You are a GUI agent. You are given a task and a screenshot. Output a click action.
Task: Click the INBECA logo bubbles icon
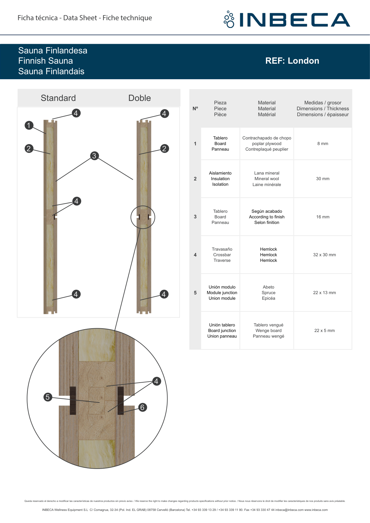[229, 19]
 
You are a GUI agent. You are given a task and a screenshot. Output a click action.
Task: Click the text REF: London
[292, 61]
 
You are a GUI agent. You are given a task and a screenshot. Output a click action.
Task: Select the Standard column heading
[58, 98]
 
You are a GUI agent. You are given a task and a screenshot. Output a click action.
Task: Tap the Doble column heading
[139, 98]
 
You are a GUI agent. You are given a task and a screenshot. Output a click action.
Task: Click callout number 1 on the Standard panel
[29, 125]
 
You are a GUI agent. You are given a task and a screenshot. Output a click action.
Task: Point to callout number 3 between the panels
[94, 156]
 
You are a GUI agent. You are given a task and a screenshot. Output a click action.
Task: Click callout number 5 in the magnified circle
[48, 397]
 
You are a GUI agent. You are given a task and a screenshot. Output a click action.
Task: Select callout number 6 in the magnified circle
[143, 407]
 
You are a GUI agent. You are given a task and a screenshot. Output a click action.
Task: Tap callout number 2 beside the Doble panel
[164, 148]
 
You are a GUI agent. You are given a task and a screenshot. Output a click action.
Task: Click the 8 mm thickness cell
[322, 143]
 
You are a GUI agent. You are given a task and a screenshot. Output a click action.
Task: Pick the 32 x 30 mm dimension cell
[324, 255]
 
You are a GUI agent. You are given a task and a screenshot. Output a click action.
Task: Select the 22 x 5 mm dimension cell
[324, 330]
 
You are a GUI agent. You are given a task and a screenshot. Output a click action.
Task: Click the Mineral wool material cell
[267, 179]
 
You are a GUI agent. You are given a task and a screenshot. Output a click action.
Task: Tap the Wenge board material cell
[268, 330]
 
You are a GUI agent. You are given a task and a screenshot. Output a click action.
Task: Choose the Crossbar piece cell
[222, 255]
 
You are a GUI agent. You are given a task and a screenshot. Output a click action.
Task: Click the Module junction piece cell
[222, 293]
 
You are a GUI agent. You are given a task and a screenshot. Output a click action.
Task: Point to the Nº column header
[195, 108]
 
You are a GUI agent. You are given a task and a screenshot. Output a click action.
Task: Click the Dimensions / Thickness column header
[322, 108]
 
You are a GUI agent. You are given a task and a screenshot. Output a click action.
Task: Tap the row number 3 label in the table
[195, 217]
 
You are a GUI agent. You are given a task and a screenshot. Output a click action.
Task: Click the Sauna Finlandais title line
[51, 71]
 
